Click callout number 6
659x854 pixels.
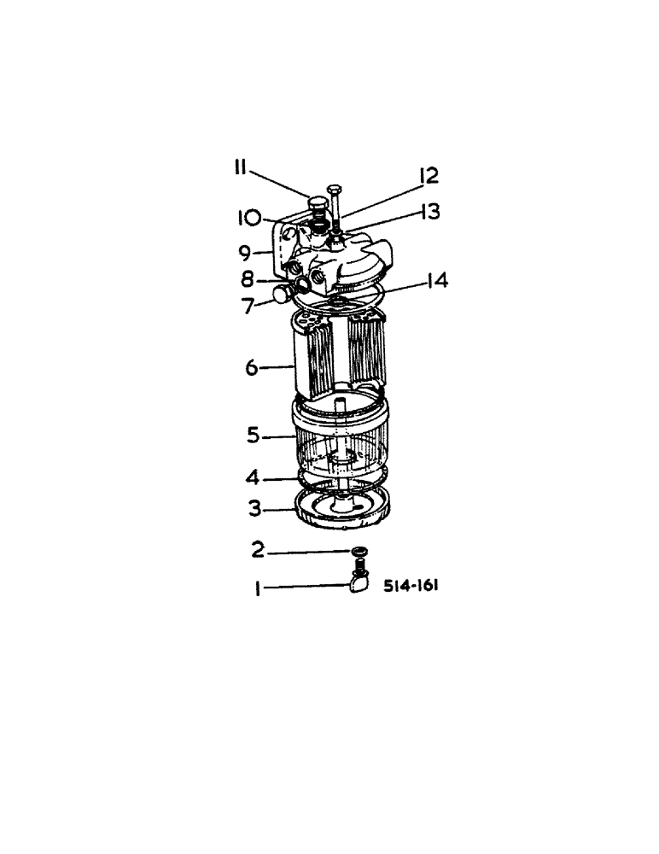point(252,367)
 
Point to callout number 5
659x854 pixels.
point(253,436)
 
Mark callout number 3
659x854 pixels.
point(254,510)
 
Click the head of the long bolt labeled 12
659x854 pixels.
point(333,189)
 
